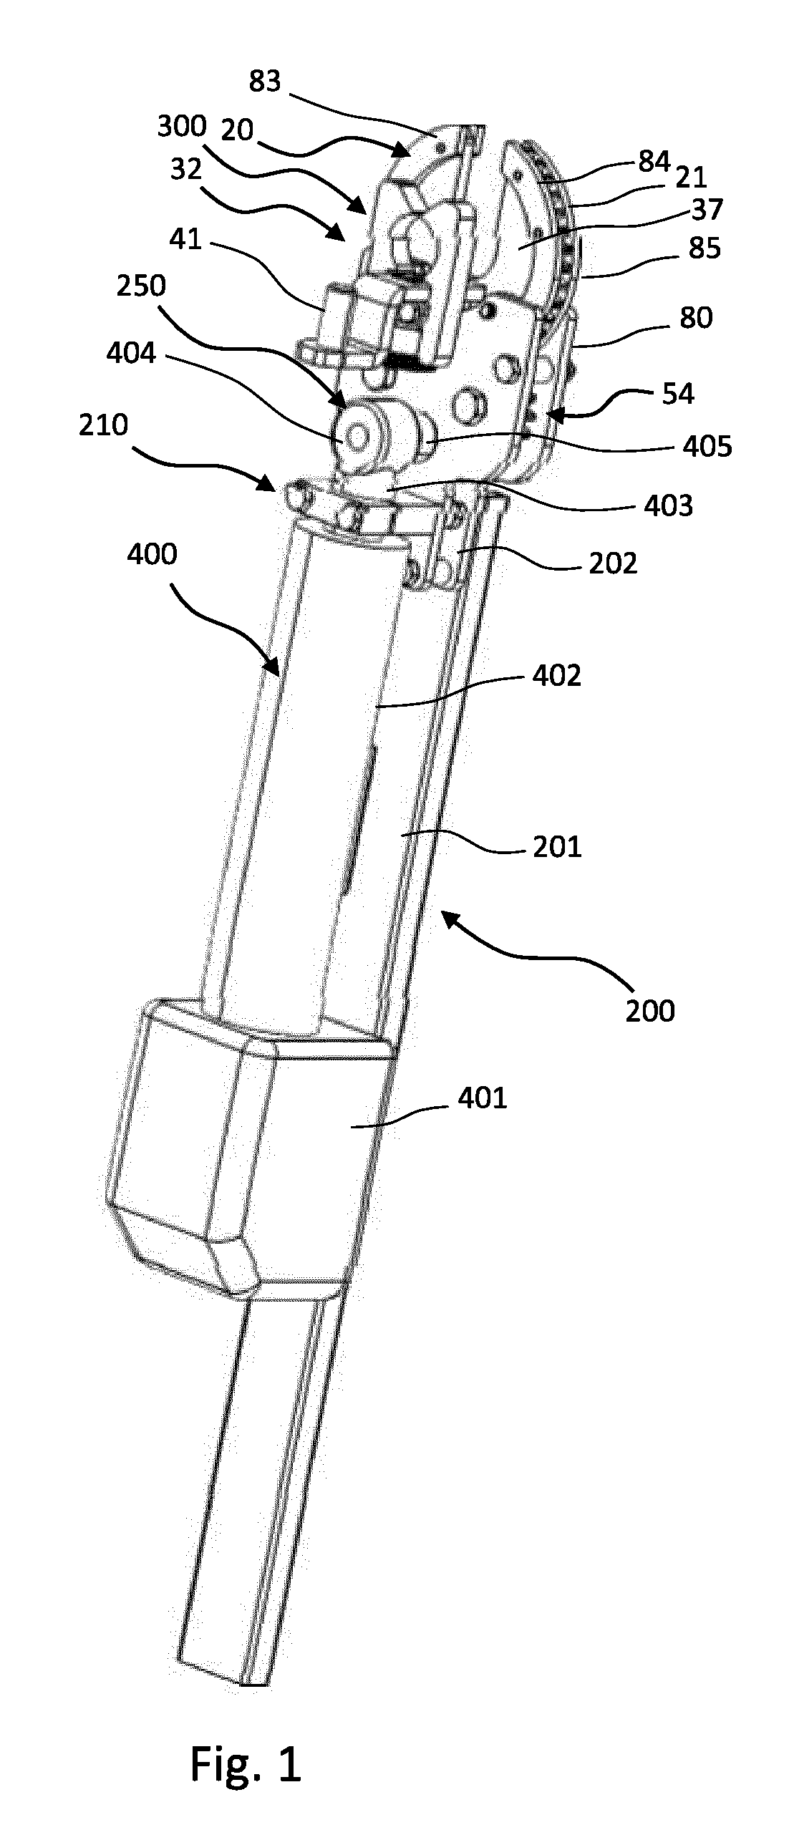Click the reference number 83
[x=265, y=82]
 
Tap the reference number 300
[x=182, y=127]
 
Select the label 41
[x=185, y=238]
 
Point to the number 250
[x=140, y=286]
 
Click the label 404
[x=130, y=352]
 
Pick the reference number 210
[x=104, y=425]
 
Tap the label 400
[x=153, y=554]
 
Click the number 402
[x=556, y=675]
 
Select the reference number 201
[x=556, y=847]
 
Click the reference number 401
[x=482, y=1098]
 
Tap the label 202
[x=613, y=563]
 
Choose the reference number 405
[x=707, y=447]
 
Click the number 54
[x=678, y=394]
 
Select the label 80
[x=696, y=317]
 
